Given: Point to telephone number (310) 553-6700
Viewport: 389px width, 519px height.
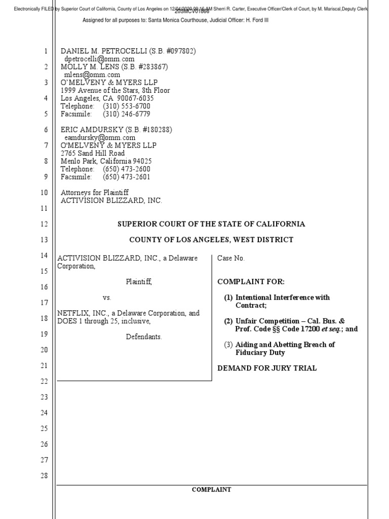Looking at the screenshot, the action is click(126, 106).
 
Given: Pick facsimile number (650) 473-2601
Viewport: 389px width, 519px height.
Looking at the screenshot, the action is click(126, 177).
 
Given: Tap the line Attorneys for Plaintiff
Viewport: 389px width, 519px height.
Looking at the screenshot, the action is click(94, 193).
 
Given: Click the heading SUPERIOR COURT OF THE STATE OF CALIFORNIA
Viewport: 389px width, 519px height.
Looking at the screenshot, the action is click(211, 224).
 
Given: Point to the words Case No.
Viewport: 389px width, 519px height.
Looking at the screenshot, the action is click(230, 258).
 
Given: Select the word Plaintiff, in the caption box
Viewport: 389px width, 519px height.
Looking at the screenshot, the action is click(139, 282).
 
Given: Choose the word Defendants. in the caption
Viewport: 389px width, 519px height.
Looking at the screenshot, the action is click(144, 337).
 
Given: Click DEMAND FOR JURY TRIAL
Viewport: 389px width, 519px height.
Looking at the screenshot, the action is click(267, 368).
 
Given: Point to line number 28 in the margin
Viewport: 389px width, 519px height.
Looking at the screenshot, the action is click(45, 475).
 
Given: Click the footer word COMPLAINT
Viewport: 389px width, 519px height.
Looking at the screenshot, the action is click(211, 490).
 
